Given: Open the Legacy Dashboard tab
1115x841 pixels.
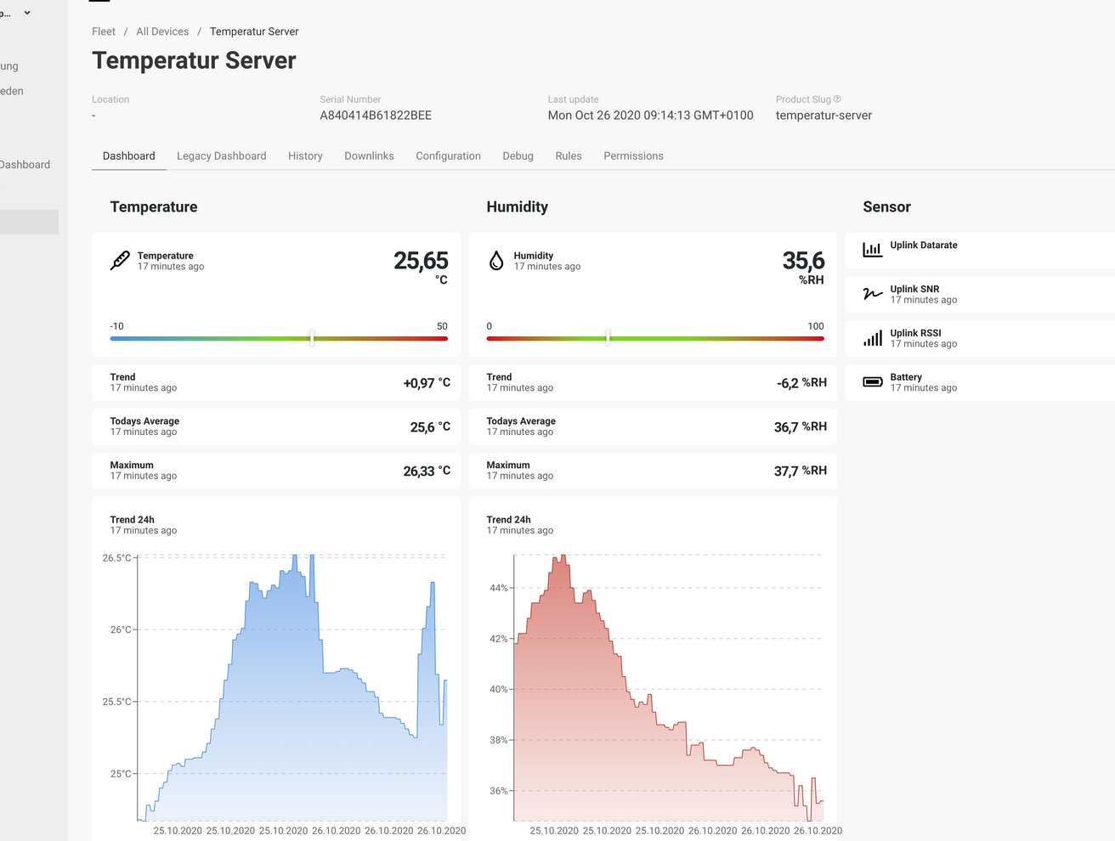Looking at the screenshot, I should pos(221,156).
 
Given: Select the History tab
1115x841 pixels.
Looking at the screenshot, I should pos(305,156).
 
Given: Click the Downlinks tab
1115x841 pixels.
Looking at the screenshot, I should pos(369,156).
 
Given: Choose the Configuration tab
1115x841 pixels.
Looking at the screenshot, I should pos(448,156).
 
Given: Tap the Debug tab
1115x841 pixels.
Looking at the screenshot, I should pos(518,156).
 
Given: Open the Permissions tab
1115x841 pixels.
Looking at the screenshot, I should pos(633,156).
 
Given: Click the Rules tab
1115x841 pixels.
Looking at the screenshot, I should pos(569,156).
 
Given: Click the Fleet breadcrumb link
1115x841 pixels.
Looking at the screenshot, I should pos(104,31).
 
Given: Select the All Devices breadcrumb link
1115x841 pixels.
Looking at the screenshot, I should pos(162,31).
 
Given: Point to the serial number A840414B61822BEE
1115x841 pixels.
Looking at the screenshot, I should pos(376,116).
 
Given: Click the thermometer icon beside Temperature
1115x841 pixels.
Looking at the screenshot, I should pos(120,261).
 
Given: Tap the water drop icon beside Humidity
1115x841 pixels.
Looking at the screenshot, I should pos(496,261).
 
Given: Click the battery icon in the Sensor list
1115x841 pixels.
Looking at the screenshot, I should pos(873,382).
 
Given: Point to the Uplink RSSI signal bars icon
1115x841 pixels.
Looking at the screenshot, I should pos(873,338).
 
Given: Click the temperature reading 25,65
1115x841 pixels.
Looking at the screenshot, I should pos(420,261).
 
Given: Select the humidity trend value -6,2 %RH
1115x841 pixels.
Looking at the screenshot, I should pos(801,383).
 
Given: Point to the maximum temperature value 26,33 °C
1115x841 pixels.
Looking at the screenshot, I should pos(427,471).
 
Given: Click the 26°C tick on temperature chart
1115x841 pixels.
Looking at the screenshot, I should pos(121,630).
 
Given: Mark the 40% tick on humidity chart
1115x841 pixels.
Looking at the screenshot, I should pos(498,690).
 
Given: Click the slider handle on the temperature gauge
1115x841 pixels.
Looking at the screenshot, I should pos(312,338).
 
